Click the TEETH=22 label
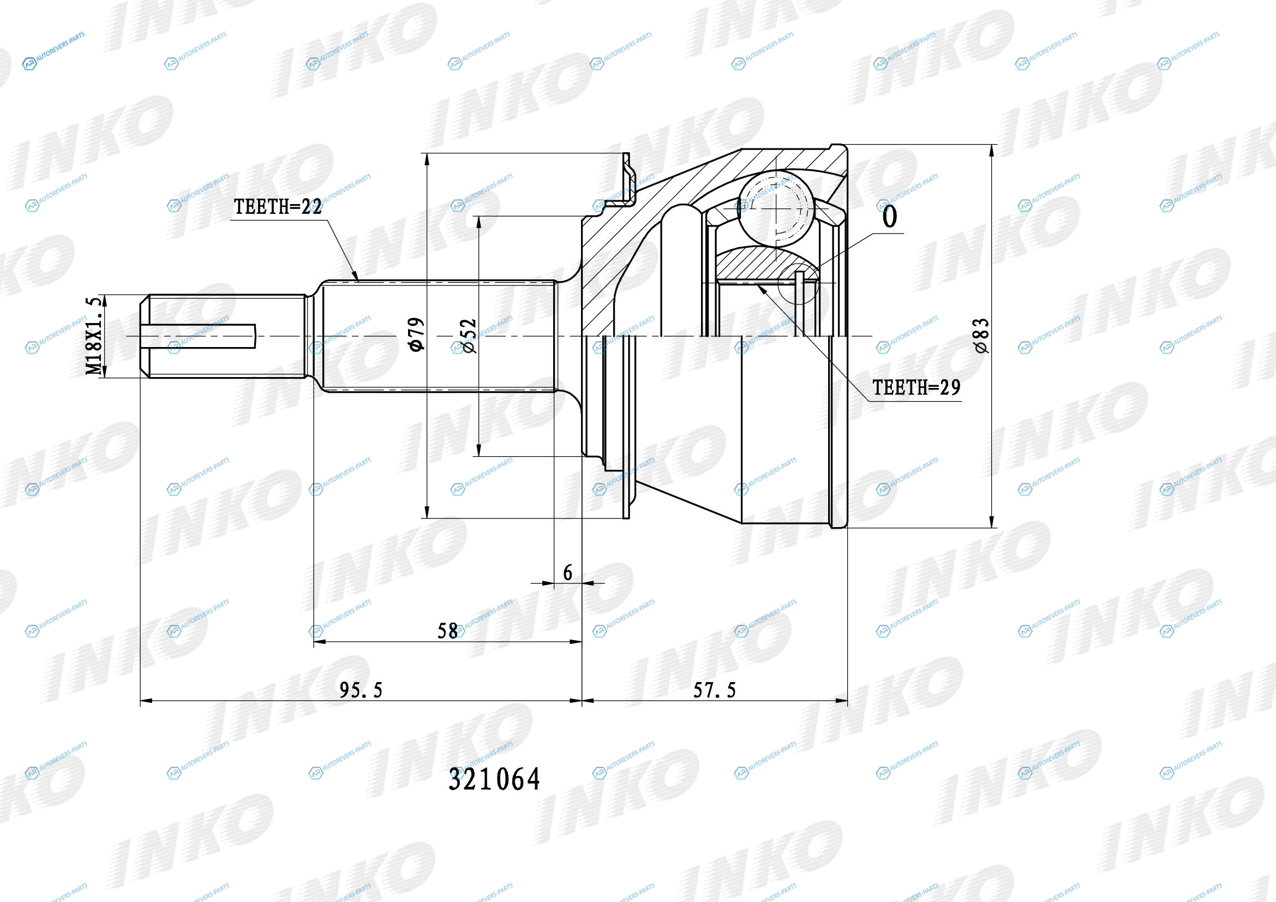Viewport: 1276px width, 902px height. point(277,207)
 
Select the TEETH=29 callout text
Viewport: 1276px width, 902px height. point(916,387)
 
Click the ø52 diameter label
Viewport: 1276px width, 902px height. point(469,336)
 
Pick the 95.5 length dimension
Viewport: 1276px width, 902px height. point(361,690)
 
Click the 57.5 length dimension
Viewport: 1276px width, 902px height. point(714,690)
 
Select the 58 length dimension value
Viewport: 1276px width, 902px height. point(447,631)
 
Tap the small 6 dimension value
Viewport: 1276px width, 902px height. point(567,572)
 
